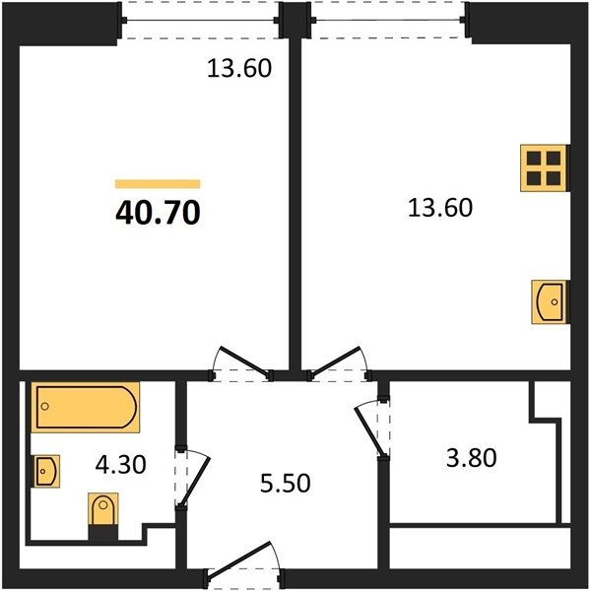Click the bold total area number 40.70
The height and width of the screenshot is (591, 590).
(158, 213)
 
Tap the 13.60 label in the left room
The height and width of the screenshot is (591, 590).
(239, 69)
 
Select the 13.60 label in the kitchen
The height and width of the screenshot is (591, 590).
(440, 208)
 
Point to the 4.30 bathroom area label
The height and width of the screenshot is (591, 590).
(120, 464)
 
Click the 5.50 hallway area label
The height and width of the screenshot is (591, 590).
(286, 484)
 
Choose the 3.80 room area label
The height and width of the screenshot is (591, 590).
(471, 458)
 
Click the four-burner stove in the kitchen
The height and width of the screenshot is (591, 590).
(544, 168)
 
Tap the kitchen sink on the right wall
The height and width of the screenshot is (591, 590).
(550, 302)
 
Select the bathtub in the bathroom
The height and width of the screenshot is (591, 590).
(86, 407)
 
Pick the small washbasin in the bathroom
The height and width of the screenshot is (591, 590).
(47, 471)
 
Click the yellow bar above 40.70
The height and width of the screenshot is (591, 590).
(158, 184)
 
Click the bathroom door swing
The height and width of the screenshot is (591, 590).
(192, 478)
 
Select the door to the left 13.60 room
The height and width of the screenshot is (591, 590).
(242, 363)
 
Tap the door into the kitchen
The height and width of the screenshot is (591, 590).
(339, 363)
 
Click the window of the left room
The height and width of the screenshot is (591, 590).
(200, 20)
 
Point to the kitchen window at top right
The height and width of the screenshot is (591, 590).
(389, 20)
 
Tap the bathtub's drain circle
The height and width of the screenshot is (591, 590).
(45, 406)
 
